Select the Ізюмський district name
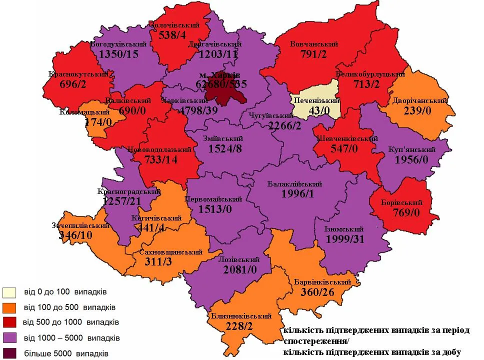[343, 229]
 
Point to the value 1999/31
[345, 239]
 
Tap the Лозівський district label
[239, 259]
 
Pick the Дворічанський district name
[419, 100]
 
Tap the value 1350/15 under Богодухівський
[118, 53]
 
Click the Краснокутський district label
[78, 74]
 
